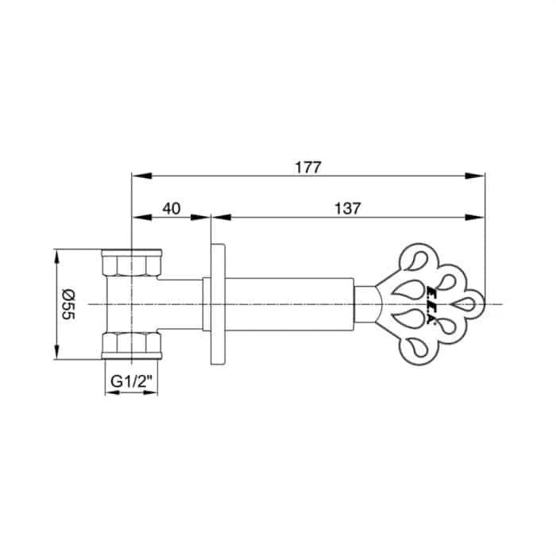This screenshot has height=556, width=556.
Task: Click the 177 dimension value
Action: click(308, 168)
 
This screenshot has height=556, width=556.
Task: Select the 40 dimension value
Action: click(172, 208)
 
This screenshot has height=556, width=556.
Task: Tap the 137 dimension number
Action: click(348, 208)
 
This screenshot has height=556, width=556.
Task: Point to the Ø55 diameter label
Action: click(68, 304)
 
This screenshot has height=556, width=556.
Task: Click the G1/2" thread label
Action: click(132, 382)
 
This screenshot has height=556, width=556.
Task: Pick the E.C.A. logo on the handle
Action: click(431, 304)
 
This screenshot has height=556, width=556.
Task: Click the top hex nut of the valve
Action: click(132, 263)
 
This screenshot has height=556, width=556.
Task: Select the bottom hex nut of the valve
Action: click(132, 346)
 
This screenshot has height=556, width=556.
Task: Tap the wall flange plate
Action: click(218, 304)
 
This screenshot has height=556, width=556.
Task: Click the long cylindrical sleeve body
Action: click(289, 304)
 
